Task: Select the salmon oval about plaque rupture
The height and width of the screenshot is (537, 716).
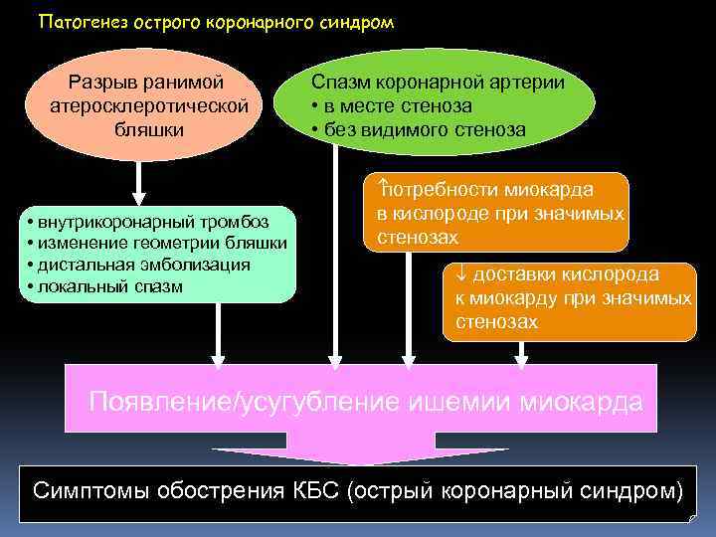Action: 147,104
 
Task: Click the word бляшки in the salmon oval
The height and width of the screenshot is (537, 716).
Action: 147,129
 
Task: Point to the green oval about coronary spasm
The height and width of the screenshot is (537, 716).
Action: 434,104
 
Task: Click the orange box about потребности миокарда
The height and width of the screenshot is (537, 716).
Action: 500,213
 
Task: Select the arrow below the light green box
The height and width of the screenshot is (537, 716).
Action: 217,334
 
